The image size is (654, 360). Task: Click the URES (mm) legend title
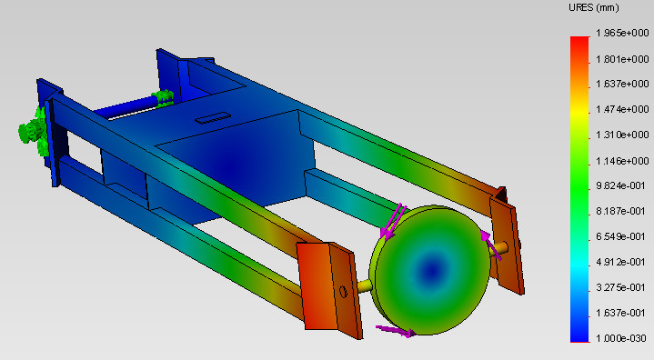tap(594, 8)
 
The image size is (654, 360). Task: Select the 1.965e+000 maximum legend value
tap(622, 33)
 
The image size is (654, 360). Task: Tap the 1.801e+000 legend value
tap(622, 59)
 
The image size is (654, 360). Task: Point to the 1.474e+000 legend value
tap(622, 109)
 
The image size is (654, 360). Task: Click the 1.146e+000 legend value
tap(622, 161)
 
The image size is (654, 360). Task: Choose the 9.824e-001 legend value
tap(620, 185)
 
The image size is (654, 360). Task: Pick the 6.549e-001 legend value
tap(620, 236)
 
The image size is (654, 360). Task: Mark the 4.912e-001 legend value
tap(620, 262)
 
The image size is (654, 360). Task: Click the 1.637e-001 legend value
tap(620, 313)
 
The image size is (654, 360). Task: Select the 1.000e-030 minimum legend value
tap(620, 338)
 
